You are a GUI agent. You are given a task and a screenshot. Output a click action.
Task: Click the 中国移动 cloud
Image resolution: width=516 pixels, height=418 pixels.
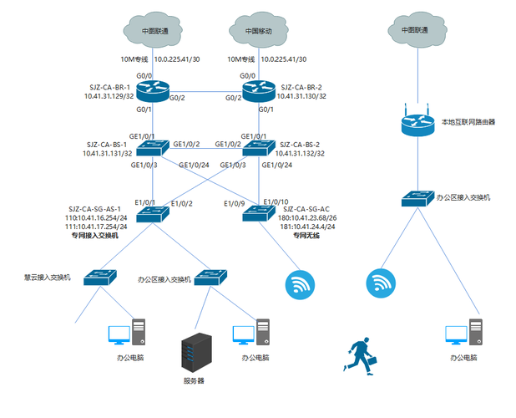(x=258, y=30)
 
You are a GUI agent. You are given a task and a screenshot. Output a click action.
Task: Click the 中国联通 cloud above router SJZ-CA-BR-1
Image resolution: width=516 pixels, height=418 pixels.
(x=155, y=30)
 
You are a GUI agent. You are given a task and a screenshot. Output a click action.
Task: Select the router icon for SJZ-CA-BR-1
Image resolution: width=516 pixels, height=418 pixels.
(x=155, y=87)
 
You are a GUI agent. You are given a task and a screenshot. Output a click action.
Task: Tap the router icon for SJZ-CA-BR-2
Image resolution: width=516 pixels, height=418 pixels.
(x=258, y=87)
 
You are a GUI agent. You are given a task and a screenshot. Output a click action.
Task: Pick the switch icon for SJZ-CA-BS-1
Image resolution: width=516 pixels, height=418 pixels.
(x=155, y=147)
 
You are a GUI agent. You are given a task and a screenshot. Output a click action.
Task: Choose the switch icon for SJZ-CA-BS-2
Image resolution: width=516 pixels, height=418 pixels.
(x=258, y=147)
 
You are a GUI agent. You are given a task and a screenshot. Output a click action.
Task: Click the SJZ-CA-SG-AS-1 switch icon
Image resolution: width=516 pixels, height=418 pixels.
(x=155, y=213)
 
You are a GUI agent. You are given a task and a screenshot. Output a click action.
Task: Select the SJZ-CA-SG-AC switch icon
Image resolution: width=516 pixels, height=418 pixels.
(x=258, y=213)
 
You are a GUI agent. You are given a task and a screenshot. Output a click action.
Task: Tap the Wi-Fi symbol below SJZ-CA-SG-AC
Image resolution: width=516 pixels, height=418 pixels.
(x=298, y=285)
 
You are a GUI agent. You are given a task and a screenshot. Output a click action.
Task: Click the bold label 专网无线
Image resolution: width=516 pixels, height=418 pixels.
(x=306, y=236)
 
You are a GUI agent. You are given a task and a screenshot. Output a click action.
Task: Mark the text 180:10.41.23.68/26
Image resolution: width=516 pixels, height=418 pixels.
(x=308, y=217)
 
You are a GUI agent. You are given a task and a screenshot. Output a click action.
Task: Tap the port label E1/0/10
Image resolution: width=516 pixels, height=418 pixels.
(x=276, y=202)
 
